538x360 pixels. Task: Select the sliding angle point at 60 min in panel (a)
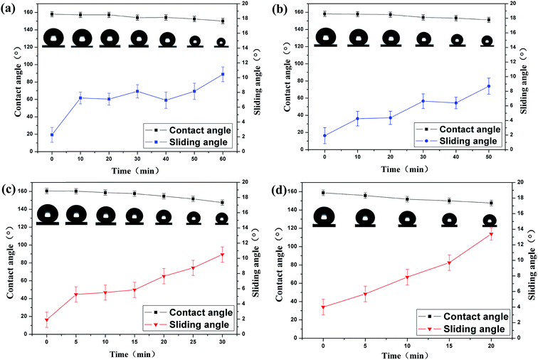coord(223,74)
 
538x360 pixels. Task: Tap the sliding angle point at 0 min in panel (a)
coord(52,134)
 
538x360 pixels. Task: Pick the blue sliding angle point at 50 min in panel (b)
coord(488,86)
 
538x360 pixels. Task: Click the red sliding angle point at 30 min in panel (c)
coord(222,255)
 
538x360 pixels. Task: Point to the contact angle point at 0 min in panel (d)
coord(324,193)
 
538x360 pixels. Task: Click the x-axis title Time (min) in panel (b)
coord(406,169)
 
